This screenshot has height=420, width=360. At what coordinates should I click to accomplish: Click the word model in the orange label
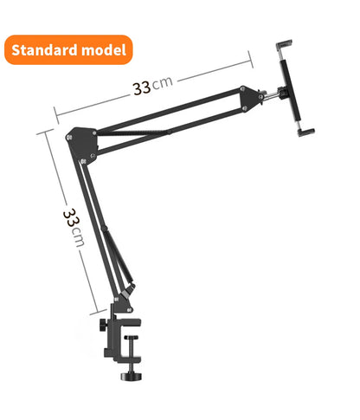[104, 50]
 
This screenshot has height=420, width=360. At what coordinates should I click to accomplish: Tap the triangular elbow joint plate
[82, 142]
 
